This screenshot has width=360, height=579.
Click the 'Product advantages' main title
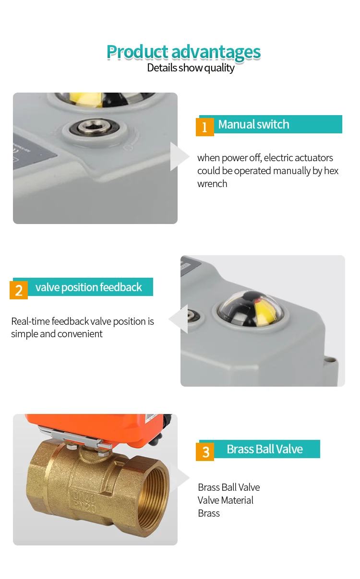coord(183,51)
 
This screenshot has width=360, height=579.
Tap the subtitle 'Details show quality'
coord(191,68)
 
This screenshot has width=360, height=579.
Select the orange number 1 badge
coord(204,127)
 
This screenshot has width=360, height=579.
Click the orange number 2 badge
coord(19,290)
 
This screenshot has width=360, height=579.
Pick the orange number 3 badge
coord(205,451)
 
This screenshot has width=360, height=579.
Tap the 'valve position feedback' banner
coord(89,287)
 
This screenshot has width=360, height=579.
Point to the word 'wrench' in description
coord(212,184)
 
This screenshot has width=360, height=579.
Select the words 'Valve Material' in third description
coord(225,500)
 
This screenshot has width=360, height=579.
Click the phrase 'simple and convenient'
coord(57,334)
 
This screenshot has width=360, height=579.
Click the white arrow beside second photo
coord(180,319)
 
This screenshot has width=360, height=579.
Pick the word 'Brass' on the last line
coord(209,513)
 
